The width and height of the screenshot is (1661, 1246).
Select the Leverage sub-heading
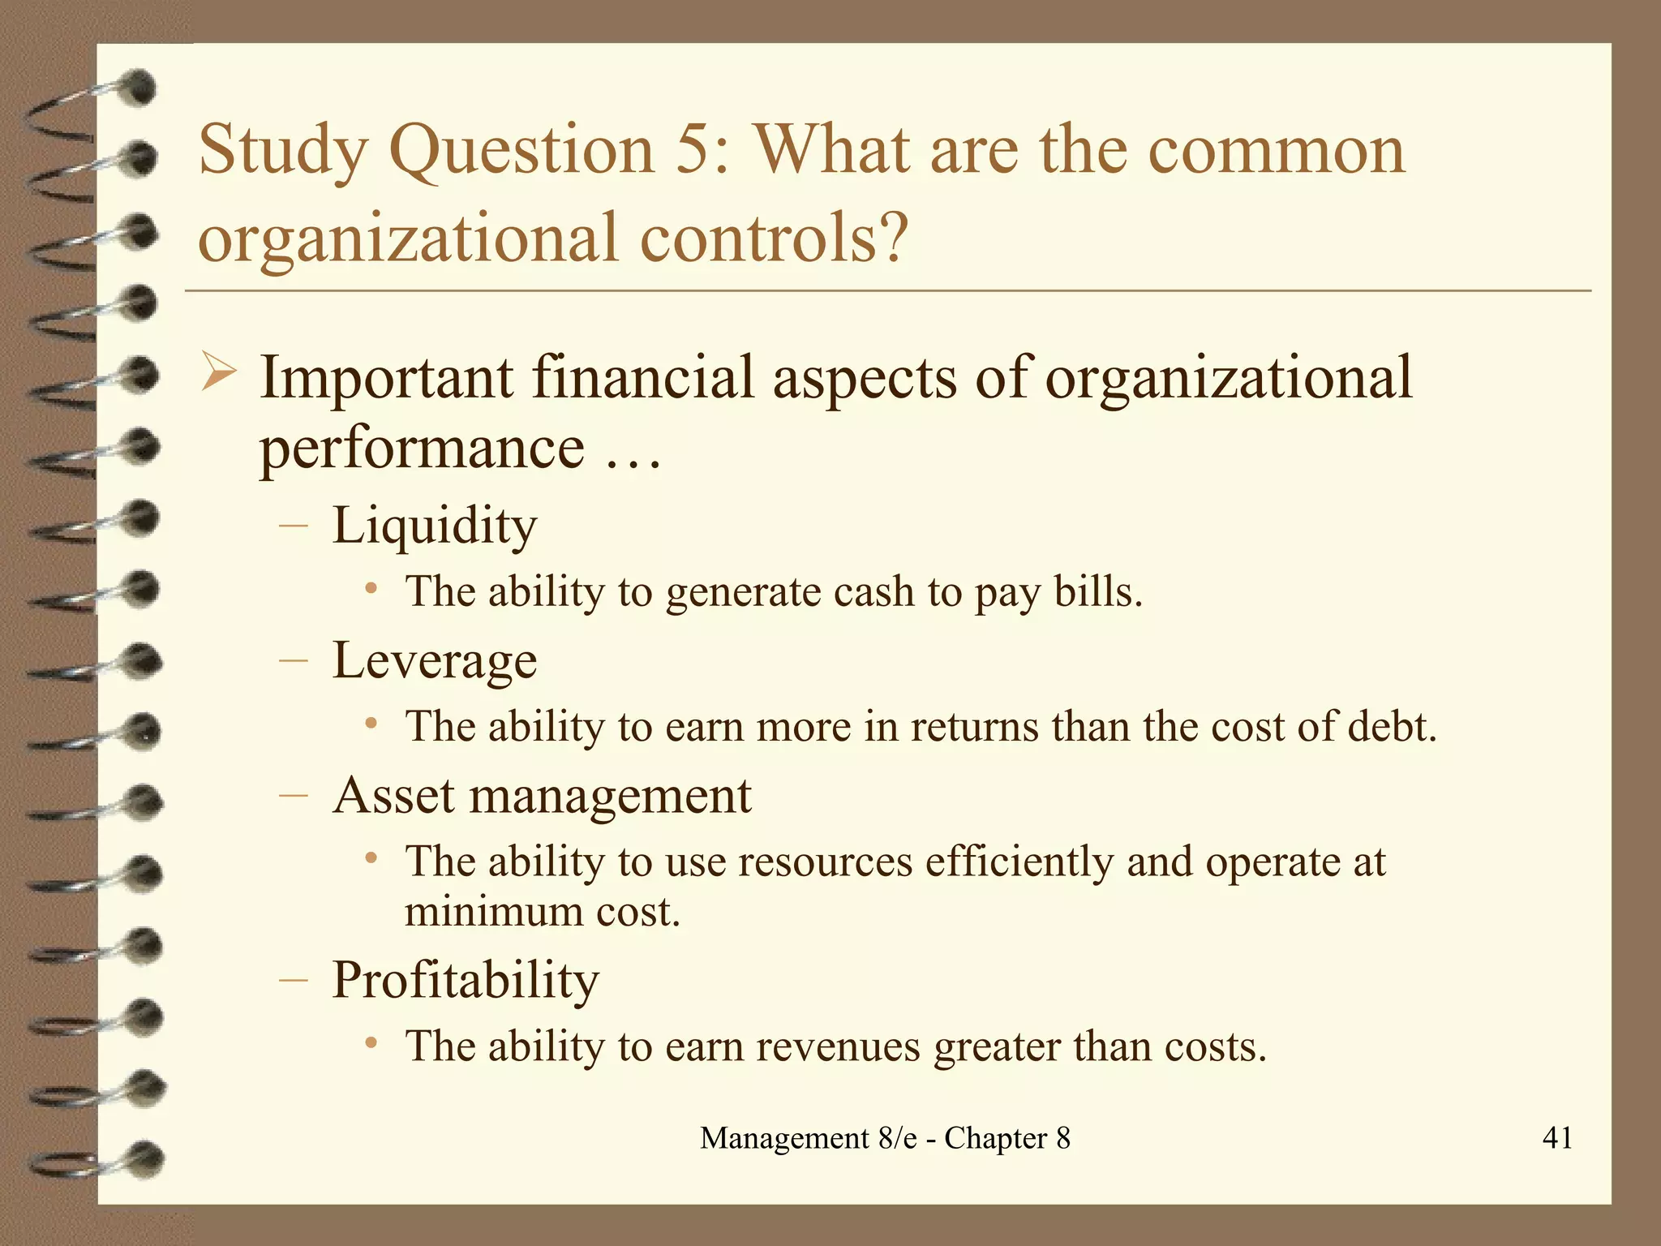point(435,661)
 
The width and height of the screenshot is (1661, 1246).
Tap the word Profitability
point(466,980)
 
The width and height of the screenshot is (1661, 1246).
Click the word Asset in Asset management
point(393,795)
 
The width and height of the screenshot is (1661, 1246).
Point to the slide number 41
point(1557,1137)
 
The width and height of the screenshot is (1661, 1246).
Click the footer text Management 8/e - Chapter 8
point(885,1138)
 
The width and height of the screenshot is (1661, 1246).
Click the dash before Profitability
point(293,981)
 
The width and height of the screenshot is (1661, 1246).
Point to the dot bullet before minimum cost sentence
point(371,858)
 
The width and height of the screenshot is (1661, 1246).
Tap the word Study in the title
point(283,152)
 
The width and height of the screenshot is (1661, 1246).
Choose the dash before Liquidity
point(293,526)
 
